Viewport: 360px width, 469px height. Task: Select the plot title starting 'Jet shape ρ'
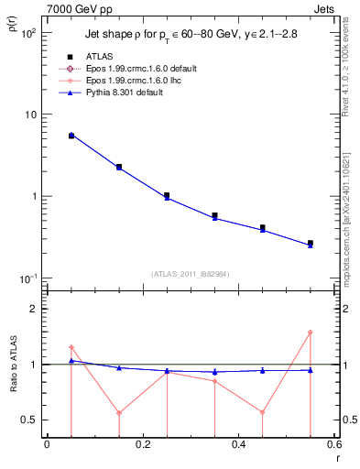click(191, 33)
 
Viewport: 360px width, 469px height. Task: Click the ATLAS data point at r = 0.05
click(71, 135)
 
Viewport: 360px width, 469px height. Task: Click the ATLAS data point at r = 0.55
click(311, 243)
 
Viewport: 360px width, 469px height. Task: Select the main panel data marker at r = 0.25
click(167, 196)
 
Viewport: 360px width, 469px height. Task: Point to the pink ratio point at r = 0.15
click(119, 412)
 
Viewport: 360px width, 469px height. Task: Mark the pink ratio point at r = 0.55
click(311, 333)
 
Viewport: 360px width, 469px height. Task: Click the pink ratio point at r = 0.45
click(263, 412)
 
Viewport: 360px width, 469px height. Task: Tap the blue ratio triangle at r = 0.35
click(214, 372)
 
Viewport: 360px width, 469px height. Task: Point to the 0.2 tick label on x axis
click(142, 444)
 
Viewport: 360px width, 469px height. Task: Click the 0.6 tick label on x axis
click(333, 444)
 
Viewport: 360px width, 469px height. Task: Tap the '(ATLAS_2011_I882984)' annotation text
click(191, 273)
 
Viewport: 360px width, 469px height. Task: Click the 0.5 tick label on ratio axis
click(30, 420)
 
